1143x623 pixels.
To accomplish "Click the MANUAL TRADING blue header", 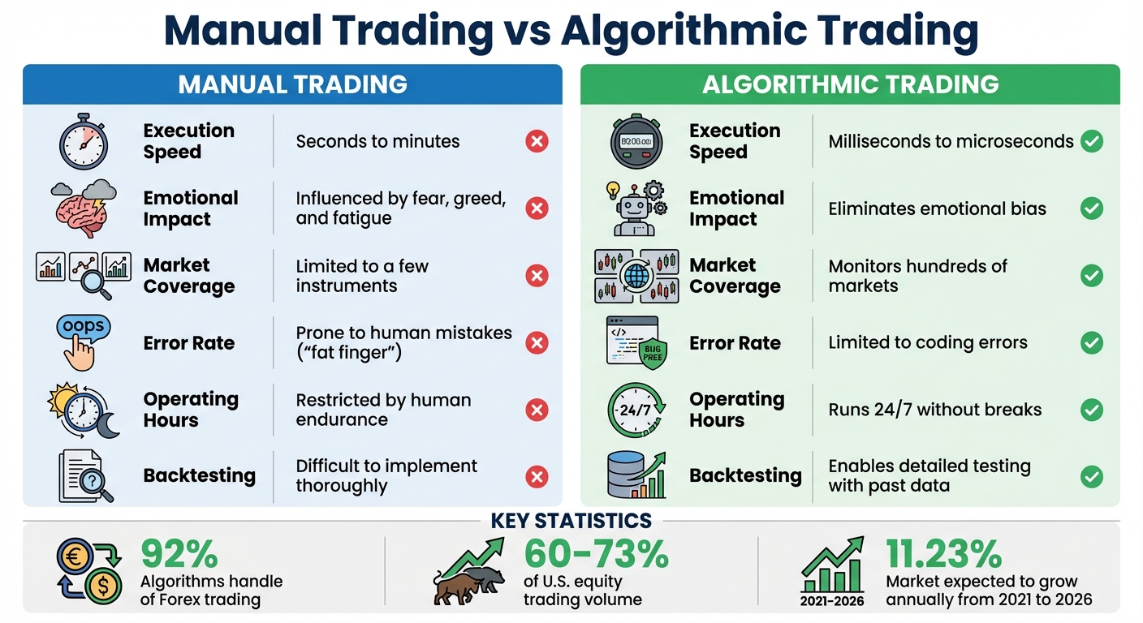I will pos(292,84).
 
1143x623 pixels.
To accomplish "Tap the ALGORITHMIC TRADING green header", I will pos(850,84).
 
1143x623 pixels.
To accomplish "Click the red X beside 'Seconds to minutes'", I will pos(537,142).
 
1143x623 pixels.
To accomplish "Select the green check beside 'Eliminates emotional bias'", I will pos(1092,209).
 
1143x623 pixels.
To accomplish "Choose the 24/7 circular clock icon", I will pos(636,410).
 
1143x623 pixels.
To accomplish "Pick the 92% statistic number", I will pos(179,554).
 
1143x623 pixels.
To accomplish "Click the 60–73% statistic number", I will pos(596,554).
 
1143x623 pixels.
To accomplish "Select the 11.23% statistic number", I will pos(943,554).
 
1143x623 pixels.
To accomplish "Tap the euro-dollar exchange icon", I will pos(88,572).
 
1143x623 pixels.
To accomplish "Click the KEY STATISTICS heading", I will pos(571,521).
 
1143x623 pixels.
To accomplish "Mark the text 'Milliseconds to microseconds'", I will pos(951,142).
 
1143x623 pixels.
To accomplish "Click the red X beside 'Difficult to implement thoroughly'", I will pos(537,476).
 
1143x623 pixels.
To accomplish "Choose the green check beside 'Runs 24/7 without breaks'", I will pos(1092,410).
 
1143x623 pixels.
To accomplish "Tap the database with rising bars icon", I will pos(636,475).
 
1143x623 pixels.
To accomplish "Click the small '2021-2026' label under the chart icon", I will pos(832,601).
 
